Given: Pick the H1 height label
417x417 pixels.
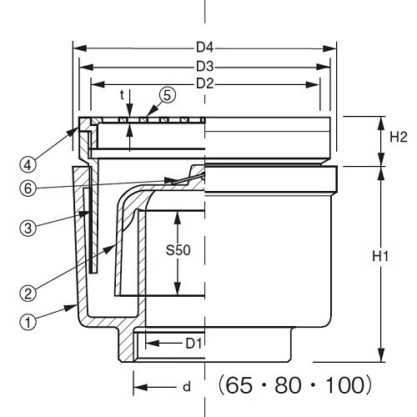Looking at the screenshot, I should (398, 259).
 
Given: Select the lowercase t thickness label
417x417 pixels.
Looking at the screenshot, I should (123, 95).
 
